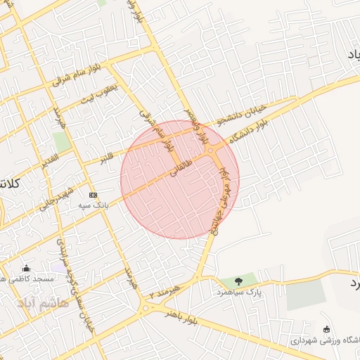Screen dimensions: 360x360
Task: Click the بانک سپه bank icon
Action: [x=93, y=195]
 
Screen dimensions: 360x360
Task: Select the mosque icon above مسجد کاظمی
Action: [x=27, y=268]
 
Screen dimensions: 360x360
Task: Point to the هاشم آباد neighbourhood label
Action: [x=44, y=302]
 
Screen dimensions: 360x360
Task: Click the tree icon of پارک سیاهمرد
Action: [x=239, y=281]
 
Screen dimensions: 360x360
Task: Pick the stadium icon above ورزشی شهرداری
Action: [x=326, y=329]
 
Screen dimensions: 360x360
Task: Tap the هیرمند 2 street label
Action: [x=164, y=293]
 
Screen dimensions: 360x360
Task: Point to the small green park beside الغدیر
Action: [x=62, y=141]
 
